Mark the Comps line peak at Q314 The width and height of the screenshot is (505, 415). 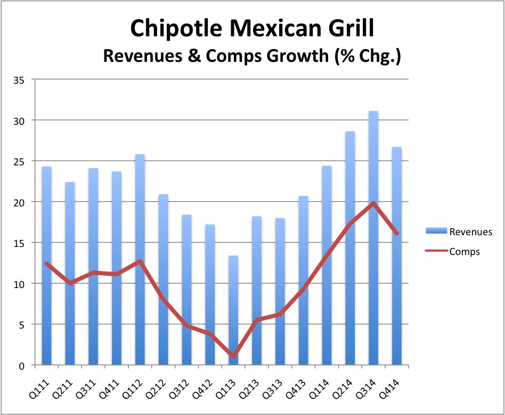coord(373,203)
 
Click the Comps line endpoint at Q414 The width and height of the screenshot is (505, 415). coord(396,233)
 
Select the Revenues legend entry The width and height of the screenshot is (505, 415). coord(459,232)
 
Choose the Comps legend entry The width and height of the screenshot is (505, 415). coord(458,251)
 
